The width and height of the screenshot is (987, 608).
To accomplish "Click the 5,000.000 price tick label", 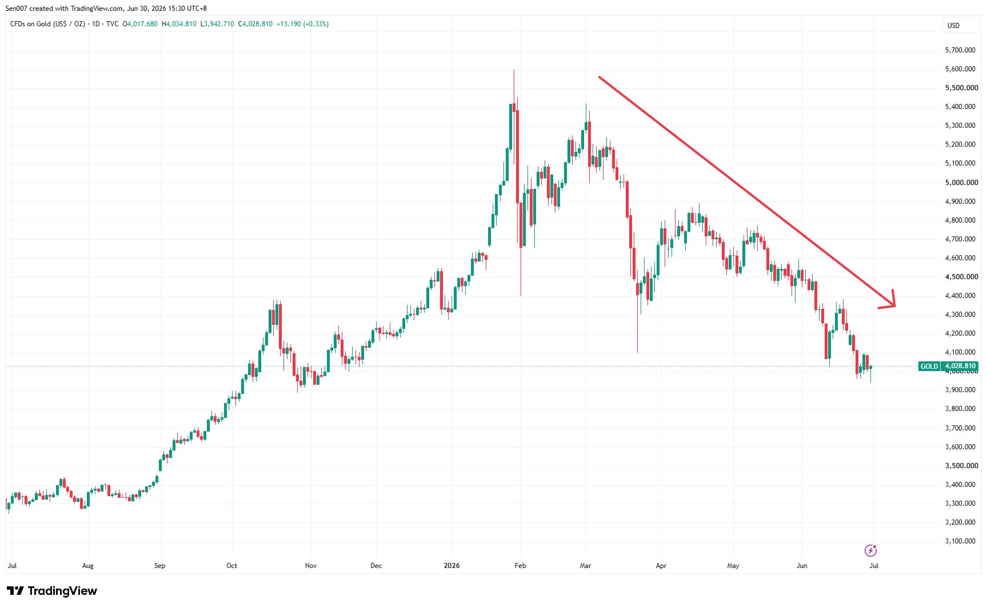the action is (x=961, y=183).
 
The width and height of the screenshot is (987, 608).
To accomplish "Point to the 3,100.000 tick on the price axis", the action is (x=960, y=541).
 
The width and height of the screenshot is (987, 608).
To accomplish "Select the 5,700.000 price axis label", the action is (x=960, y=50).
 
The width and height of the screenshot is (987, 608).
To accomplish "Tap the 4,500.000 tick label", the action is (x=961, y=277).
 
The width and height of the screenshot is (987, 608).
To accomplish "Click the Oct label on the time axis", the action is (x=231, y=566).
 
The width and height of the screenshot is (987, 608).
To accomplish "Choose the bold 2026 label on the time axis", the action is (x=451, y=566).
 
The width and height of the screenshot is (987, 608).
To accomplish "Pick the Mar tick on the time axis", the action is (x=585, y=566).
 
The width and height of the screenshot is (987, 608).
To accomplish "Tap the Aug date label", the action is (x=87, y=566).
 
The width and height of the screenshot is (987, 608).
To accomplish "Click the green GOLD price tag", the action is (x=929, y=366).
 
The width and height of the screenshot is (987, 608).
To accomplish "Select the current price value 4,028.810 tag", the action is (x=960, y=366).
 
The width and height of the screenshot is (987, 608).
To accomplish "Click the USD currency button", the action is (x=960, y=25).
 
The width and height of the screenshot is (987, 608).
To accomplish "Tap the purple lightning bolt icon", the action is (x=870, y=550).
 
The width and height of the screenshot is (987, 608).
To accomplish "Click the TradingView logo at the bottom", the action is (x=52, y=591).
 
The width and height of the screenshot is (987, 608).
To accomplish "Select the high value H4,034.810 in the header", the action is (x=179, y=24).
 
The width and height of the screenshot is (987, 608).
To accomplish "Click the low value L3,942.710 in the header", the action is (x=217, y=24).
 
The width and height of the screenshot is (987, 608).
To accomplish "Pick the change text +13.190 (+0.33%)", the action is (x=302, y=24).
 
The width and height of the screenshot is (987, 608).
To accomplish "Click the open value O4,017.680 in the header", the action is (x=140, y=24).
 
